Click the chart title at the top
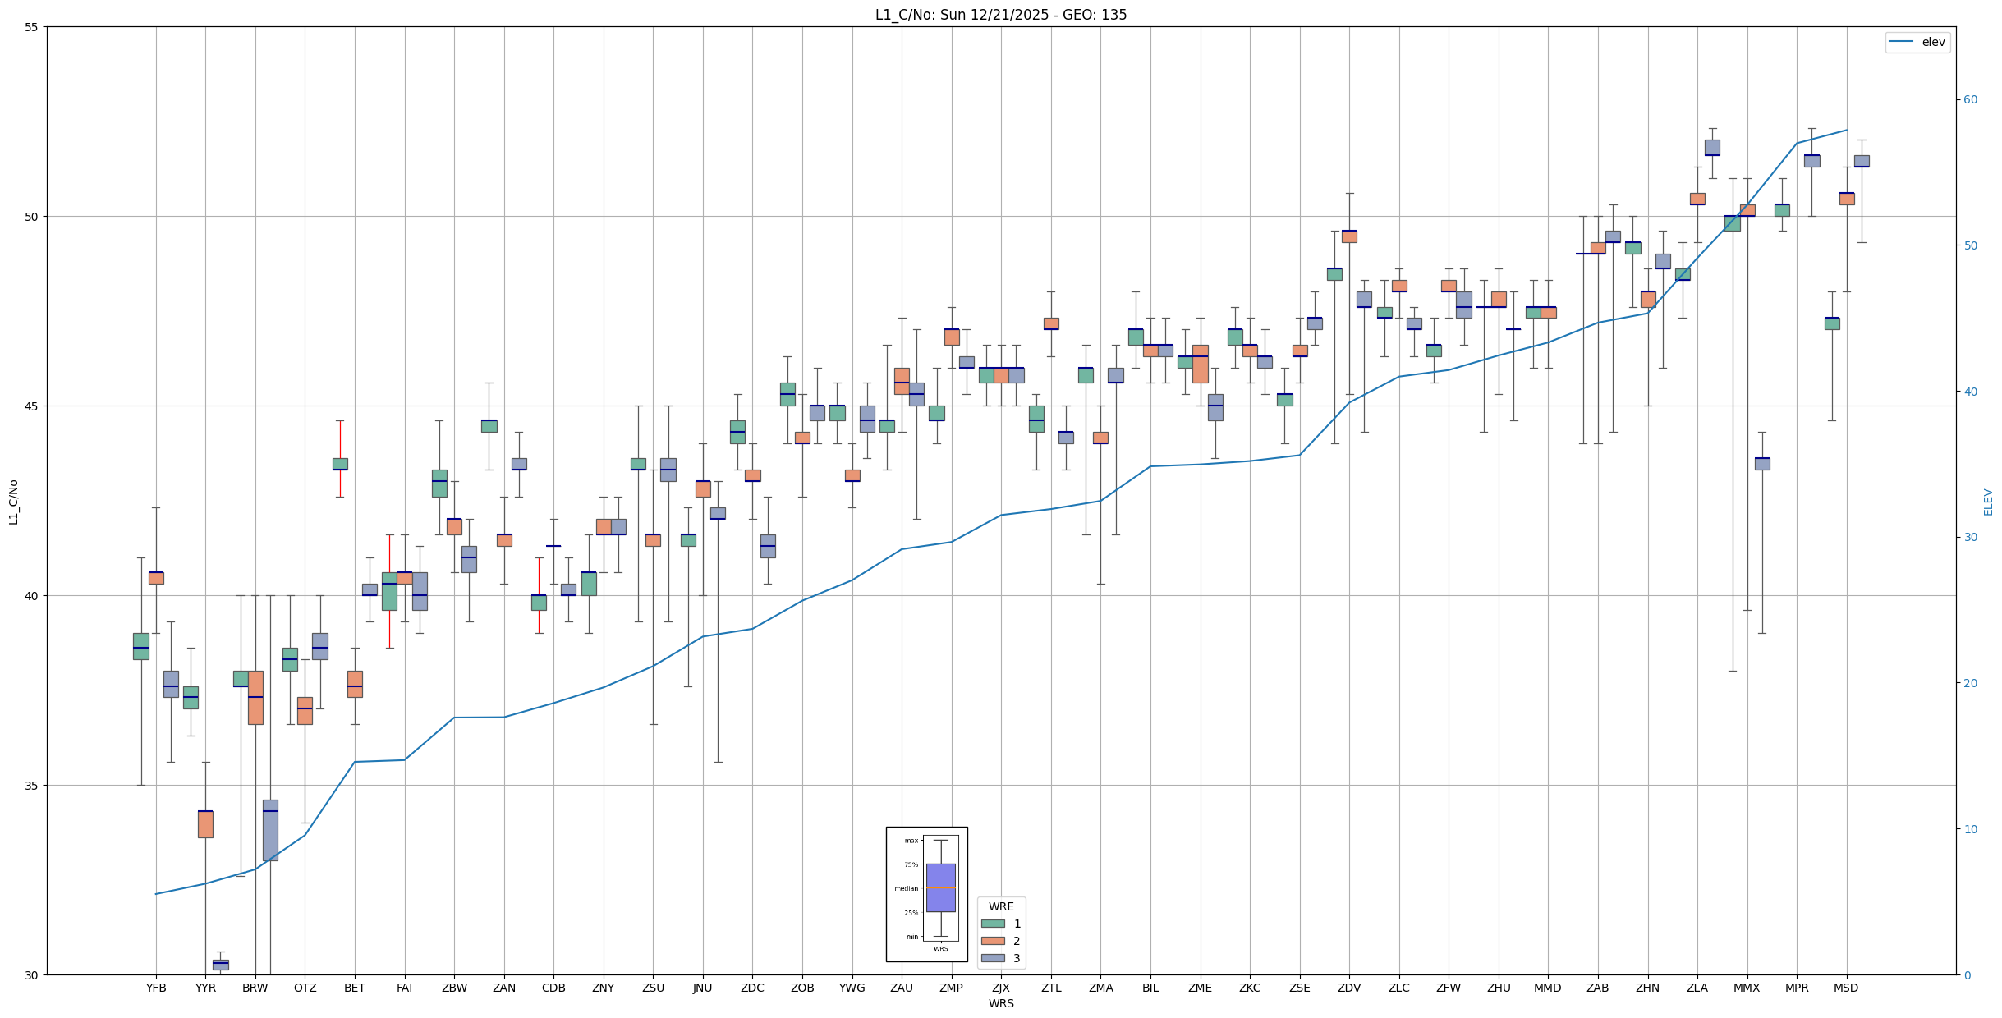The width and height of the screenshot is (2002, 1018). tap(1000, 15)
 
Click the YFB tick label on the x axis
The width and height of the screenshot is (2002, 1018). tap(156, 988)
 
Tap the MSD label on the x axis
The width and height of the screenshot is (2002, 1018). tap(1846, 988)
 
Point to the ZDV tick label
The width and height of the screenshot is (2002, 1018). tap(1349, 988)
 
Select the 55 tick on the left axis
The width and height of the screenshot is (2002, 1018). tap(32, 27)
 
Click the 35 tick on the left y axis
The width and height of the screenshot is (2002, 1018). tap(32, 786)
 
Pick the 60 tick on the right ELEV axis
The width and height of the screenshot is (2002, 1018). tap(1970, 100)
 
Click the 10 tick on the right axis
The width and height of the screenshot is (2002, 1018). tap(1970, 829)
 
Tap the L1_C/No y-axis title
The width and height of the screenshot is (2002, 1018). tap(13, 502)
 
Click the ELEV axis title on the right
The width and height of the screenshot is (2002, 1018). tap(1988, 502)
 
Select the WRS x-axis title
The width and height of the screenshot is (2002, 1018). tap(1000, 1003)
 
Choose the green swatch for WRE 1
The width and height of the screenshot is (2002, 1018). tap(993, 924)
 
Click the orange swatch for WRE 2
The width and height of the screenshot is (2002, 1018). tap(993, 941)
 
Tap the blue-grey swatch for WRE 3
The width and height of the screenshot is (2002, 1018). tap(993, 958)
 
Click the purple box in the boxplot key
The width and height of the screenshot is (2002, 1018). tap(940, 887)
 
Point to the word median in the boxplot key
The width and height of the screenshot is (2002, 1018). tap(907, 889)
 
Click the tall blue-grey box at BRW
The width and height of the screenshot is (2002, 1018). tap(270, 830)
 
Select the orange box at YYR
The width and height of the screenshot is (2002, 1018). tap(205, 824)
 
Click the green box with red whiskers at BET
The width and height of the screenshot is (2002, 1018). tap(340, 464)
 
